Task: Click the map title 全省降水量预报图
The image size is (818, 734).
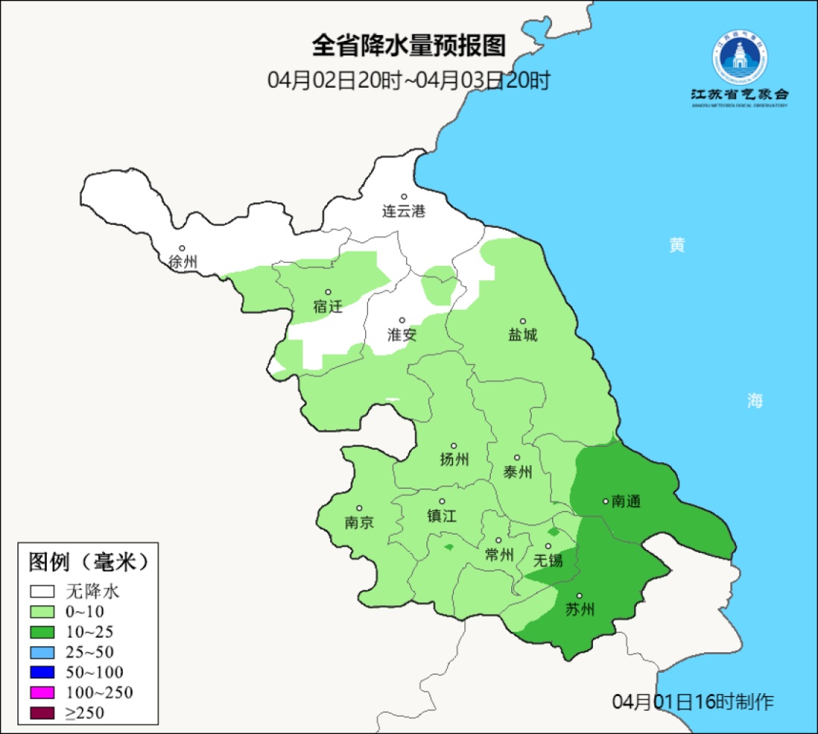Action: (x=408, y=46)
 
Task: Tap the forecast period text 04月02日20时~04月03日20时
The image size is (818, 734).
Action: (x=408, y=80)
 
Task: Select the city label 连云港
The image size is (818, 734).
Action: (x=404, y=211)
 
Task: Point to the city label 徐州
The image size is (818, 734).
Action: (x=183, y=262)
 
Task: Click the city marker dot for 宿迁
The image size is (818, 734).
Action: (x=329, y=292)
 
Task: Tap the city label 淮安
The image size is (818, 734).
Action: (x=402, y=334)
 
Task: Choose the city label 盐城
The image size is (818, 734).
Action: (x=523, y=334)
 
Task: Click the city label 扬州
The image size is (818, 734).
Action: (x=454, y=459)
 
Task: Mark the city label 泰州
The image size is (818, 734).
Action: (x=517, y=472)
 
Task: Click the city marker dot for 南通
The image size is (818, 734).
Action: (x=605, y=501)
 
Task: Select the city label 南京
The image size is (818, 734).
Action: (x=359, y=522)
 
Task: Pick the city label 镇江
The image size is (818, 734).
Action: (x=442, y=515)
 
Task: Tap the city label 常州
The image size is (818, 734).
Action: (x=499, y=554)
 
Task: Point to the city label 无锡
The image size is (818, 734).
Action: (x=548, y=560)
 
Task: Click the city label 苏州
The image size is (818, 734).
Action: (x=580, y=610)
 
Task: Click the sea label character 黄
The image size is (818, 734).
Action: (x=676, y=245)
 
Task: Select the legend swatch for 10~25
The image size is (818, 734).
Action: (x=42, y=632)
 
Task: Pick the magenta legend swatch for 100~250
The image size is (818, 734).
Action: (x=42, y=692)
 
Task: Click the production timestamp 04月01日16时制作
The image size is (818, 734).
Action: (x=693, y=701)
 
